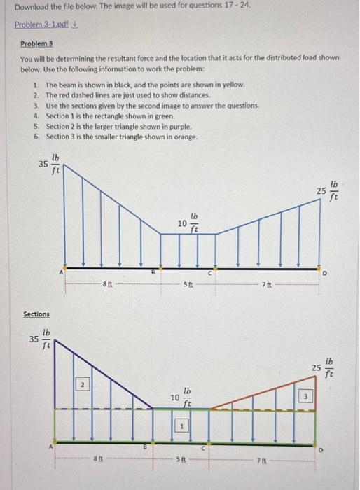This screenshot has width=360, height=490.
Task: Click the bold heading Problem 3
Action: [36, 43]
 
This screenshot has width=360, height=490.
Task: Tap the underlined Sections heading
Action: [36, 314]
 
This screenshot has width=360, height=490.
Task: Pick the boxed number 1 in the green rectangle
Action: [181, 425]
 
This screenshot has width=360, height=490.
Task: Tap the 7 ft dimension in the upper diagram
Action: [264, 283]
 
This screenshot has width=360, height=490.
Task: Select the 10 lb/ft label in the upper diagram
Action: [188, 223]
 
